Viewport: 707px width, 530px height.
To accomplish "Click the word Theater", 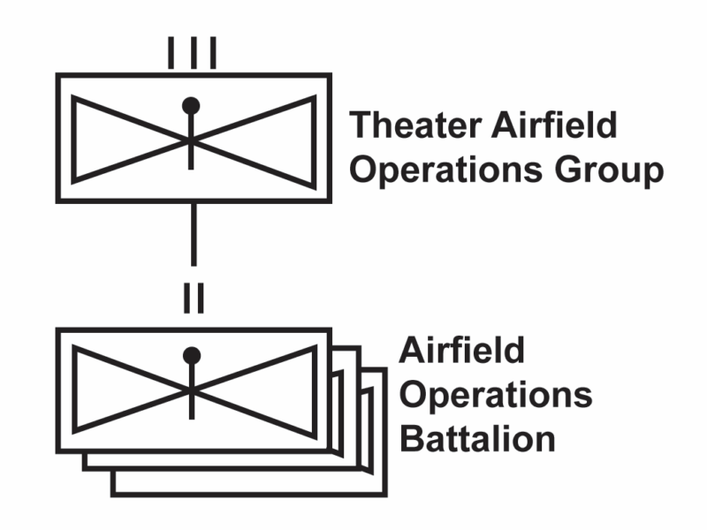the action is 414,125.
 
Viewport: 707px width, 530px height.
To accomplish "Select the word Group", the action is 609,170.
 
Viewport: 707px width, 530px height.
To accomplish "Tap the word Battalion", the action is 477,439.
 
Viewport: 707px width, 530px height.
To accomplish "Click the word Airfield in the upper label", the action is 554,125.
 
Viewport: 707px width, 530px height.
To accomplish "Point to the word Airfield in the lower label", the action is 461,350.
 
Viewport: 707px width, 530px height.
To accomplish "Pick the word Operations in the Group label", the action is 445,170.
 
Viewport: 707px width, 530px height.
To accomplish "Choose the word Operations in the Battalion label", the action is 496,395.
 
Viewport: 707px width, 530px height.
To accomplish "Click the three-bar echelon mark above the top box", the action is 192,53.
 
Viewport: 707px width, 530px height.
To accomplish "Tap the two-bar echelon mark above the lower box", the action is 194,298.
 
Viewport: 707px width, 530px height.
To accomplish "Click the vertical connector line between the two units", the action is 194,234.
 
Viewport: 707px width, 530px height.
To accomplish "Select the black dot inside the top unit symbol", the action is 191,106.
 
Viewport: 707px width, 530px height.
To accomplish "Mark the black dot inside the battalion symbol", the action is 192,356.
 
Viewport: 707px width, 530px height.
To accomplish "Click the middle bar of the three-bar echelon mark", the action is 194,53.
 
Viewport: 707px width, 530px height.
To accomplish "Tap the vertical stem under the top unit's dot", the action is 191,142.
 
